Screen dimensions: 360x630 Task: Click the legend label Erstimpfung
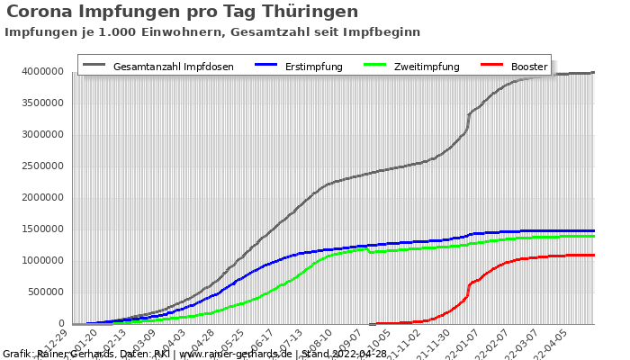pos(313,67)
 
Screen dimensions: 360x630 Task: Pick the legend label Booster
pos(529,67)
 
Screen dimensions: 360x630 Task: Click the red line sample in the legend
pos(491,66)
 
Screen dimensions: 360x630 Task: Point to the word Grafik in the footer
pos(18,354)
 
